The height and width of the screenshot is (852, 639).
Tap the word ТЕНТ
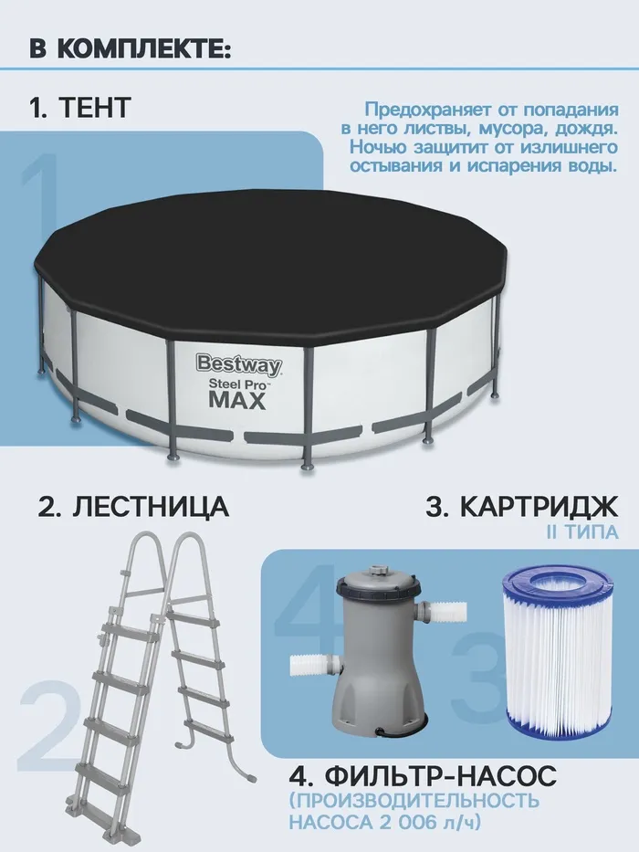point(94,107)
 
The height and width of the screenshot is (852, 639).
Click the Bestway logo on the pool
point(239,364)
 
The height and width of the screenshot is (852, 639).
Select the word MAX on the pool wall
point(238,400)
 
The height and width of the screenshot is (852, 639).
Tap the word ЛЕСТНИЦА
point(151,507)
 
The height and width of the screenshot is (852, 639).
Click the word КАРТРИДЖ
point(539,507)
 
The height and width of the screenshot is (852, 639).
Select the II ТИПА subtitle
point(582,532)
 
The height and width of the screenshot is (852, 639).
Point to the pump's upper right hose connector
point(445,613)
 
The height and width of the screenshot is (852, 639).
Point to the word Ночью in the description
point(375,147)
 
